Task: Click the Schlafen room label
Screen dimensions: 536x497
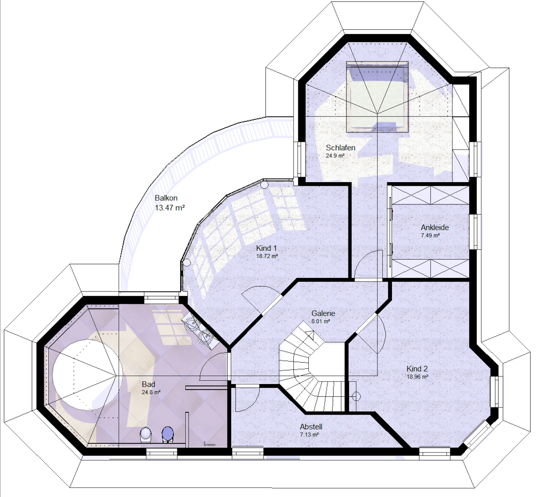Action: pos(340,148)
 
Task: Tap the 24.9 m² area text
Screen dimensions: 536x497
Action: pos(335,155)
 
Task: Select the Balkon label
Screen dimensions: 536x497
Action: pos(166,198)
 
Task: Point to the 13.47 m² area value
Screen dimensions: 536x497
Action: pos(170,208)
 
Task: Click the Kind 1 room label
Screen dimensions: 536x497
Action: pos(266,248)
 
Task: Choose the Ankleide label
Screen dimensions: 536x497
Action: pos(434,227)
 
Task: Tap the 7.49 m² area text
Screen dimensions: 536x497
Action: pos(430,235)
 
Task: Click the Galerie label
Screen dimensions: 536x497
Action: pos(323,313)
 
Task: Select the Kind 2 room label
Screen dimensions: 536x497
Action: pos(417,369)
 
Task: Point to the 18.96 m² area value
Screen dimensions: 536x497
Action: pos(417,377)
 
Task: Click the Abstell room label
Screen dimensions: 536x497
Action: pos(311,427)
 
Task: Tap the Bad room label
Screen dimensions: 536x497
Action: pos(148,384)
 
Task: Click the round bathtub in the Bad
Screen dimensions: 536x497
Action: pos(87,375)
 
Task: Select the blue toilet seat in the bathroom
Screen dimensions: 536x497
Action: pos(168,434)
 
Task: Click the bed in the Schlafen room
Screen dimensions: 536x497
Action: pos(377,97)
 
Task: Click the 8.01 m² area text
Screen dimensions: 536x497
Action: pos(320,321)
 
